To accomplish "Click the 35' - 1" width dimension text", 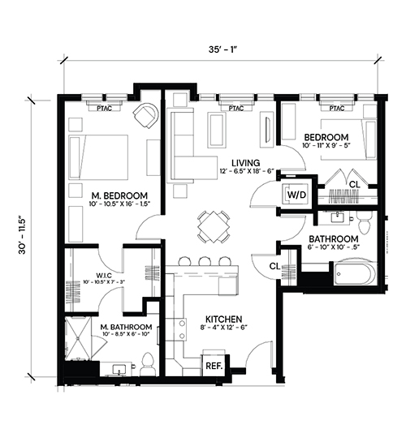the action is click(x=222, y=49).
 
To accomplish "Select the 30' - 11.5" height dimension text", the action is click(x=23, y=236).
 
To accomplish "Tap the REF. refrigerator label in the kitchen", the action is click(x=214, y=366).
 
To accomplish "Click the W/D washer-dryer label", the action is click(x=296, y=195).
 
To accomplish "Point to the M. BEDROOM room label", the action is click(x=119, y=195).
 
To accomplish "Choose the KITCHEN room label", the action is click(x=223, y=319).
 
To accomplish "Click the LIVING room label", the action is click(x=246, y=163).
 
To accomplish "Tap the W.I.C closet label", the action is click(x=103, y=276).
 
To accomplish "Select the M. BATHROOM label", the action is click(x=126, y=327).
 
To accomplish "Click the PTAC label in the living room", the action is click(x=236, y=109).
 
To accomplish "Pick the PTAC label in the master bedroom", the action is click(x=104, y=109).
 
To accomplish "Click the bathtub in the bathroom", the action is click(x=356, y=273).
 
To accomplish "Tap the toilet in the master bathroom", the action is click(x=147, y=365).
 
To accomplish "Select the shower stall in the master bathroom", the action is click(x=78, y=338).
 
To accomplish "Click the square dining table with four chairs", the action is click(x=213, y=226).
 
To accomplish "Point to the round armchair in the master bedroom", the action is click(x=145, y=115).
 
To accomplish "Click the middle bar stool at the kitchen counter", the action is click(x=205, y=261).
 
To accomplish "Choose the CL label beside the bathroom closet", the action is click(x=274, y=266).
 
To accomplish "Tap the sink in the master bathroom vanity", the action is click(x=119, y=370).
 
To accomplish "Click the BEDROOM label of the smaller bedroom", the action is click(x=326, y=137).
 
